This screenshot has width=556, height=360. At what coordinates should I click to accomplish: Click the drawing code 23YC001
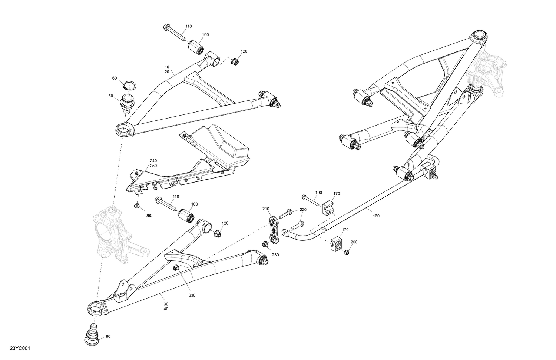(x=20, y=349)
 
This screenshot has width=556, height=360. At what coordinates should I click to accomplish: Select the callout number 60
(x=115, y=78)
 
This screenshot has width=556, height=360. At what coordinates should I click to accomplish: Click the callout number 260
(x=149, y=216)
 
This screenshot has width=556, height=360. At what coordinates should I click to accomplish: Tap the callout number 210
(x=266, y=209)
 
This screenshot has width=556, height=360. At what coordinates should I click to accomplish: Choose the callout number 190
(x=319, y=193)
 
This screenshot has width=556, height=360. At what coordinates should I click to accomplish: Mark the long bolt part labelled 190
(x=311, y=199)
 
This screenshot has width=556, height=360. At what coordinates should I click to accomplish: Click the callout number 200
(x=354, y=242)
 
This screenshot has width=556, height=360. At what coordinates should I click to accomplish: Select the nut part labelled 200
(x=347, y=253)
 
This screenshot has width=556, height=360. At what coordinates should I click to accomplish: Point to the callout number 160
(x=376, y=216)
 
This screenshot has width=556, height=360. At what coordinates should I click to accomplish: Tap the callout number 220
(x=303, y=210)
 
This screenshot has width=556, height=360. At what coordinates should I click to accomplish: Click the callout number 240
(x=153, y=161)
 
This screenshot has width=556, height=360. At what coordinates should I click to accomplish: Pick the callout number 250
(x=153, y=166)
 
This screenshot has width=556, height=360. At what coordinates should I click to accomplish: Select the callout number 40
(x=166, y=309)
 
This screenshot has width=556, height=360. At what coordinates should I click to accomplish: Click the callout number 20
(x=167, y=71)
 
